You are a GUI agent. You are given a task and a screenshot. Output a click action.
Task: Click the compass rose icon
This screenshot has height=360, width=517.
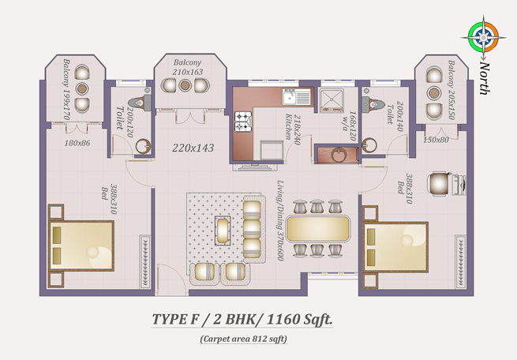tap(483, 38)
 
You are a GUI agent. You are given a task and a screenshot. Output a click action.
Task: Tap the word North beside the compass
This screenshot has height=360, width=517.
tap(484, 78)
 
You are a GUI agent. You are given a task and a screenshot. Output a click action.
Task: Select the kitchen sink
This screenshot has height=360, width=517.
tap(296, 97)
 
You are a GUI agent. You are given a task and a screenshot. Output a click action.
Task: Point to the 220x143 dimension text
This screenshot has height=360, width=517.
tap(193, 148)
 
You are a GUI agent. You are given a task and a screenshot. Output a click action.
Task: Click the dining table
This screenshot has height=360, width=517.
tap(318, 228)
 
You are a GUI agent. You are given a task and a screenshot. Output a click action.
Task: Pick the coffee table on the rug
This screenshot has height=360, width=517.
tap(223, 231)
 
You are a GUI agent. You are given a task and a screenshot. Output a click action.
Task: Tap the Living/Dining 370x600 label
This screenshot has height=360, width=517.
tap(280, 220)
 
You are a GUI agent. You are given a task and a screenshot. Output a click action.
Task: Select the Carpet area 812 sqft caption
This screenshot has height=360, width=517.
tap(243, 339)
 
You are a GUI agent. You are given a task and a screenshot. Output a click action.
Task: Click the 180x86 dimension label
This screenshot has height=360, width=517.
tap(77, 143)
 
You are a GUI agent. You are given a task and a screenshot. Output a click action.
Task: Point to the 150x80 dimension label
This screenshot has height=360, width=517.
tap(436, 140)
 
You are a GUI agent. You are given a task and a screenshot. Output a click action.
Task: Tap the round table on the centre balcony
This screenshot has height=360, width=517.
tap(185, 85)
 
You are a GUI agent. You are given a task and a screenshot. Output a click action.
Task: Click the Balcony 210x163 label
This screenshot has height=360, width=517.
tap(188, 67)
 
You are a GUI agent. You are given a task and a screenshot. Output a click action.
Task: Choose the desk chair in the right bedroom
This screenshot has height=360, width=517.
tap(439, 184)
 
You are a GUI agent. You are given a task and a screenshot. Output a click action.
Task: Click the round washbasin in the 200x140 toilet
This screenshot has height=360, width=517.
tap(369, 145)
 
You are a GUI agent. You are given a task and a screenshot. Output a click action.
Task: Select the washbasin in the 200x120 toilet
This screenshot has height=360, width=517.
tap(143, 146)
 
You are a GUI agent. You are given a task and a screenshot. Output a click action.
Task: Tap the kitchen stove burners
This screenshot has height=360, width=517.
tap(243, 122)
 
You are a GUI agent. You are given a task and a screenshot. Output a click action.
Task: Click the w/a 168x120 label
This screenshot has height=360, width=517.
tap(350, 126)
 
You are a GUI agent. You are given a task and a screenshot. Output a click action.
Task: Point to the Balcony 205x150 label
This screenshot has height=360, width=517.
tap(451, 90)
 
